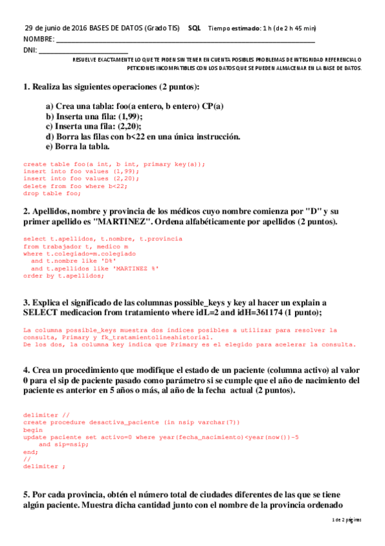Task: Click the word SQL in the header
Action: click(193, 28)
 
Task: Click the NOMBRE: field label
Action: click(38, 39)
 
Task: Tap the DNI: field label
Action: click(30, 50)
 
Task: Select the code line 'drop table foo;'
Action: click(52, 193)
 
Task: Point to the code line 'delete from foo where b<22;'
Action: click(75, 186)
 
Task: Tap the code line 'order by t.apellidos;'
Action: click(63, 276)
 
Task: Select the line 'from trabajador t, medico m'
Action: click(76, 247)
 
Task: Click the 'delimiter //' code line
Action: click(46, 415)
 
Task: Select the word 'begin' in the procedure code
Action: click(33, 429)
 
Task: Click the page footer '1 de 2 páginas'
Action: click(346, 519)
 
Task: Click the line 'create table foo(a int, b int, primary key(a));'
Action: click(114, 164)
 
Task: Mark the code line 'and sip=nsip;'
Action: click(62, 445)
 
